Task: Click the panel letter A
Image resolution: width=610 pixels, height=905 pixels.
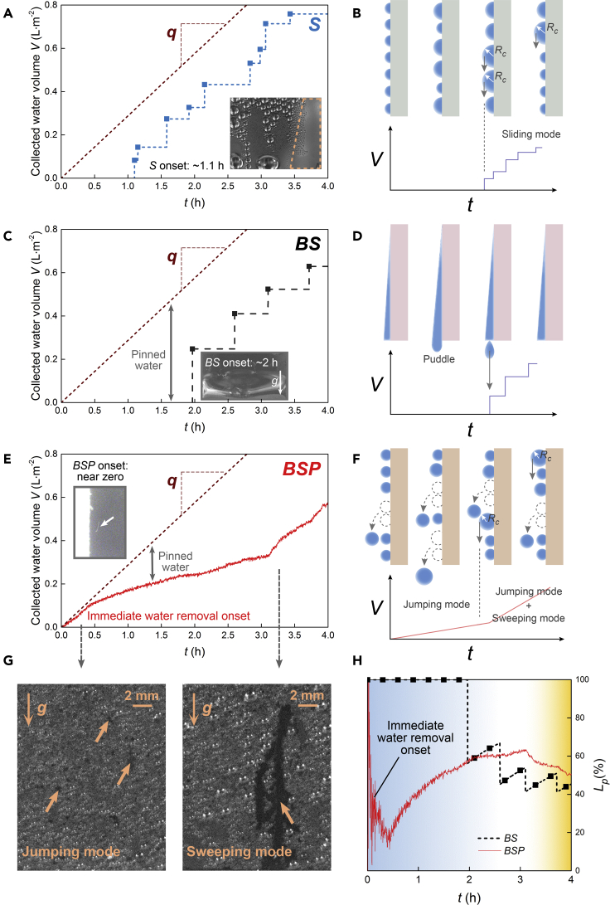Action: point(9,10)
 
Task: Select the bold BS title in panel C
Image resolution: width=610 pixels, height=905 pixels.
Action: point(307,245)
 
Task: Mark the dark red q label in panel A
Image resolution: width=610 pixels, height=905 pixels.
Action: point(172,48)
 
